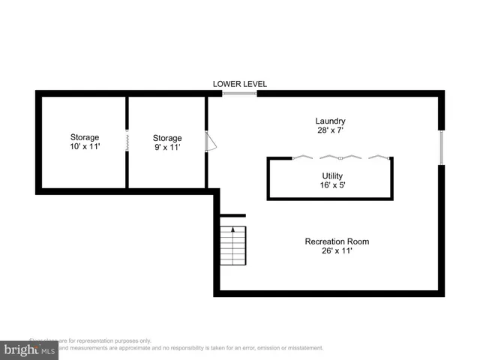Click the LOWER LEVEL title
point(240,84)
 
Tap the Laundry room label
point(330,121)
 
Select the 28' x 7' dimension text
point(330,130)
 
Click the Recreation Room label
point(337,241)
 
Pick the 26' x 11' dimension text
point(337,251)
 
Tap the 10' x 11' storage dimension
point(85,147)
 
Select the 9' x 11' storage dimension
point(167,148)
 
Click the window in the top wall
point(240,94)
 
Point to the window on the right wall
point(442,147)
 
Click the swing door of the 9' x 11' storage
point(211,142)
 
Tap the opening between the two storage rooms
point(127,141)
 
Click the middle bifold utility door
point(340,157)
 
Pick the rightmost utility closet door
point(379,157)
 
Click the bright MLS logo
point(29,349)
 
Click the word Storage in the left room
point(85,137)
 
